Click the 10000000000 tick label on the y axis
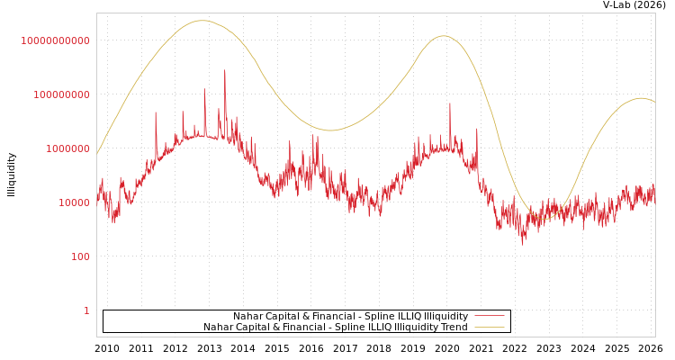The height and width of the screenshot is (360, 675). pos(56,40)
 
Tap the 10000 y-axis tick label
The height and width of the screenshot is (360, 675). pos(69,202)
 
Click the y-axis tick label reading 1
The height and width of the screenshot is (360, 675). pos(86,310)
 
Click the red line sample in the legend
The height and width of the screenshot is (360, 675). pos(490,317)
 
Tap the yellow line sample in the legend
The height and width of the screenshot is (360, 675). pos(490,328)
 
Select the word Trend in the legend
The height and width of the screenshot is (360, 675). pos(452,328)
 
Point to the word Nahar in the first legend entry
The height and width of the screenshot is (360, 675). pos(248,317)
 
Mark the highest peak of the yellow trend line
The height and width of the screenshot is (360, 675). pos(202,21)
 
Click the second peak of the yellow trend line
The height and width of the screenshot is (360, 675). pos(443,36)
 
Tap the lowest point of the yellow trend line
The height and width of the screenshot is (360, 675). pos(543,220)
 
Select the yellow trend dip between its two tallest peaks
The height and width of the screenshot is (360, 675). pos(330,130)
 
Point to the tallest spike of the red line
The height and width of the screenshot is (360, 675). pos(225,70)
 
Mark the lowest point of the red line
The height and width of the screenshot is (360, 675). pos(523,245)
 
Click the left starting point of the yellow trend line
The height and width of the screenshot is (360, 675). pos(97,154)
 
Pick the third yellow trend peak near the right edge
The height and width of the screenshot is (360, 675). pos(641,98)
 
